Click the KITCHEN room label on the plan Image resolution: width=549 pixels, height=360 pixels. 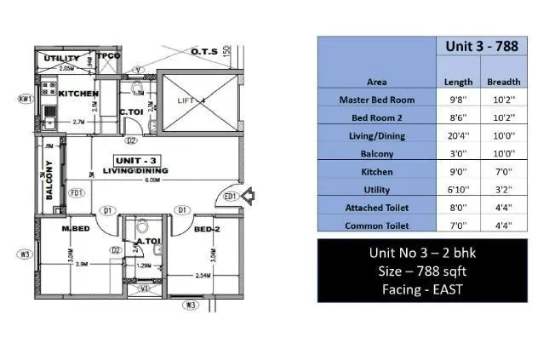[x=78, y=94]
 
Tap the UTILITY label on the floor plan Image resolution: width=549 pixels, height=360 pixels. [x=62, y=58]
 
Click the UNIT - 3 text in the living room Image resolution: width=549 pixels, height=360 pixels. [x=136, y=160]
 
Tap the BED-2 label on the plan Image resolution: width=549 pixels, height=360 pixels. [x=207, y=230]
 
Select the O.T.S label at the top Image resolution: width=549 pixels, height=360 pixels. [x=204, y=52]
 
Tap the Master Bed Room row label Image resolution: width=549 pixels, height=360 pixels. [x=376, y=100]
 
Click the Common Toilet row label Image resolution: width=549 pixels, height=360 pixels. [x=376, y=226]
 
